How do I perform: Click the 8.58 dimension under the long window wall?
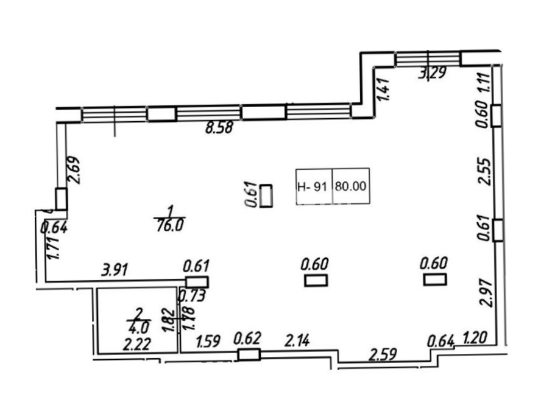click(x=219, y=128)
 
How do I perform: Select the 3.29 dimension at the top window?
click(x=433, y=73)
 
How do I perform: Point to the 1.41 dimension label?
click(x=383, y=90)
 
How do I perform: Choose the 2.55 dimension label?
click(x=485, y=172)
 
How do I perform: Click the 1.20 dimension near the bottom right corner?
click(x=475, y=337)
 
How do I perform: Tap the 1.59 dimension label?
click(x=208, y=342)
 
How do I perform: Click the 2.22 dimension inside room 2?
click(x=136, y=344)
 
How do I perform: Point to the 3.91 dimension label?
click(x=115, y=269)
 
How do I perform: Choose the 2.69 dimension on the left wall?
click(x=74, y=170)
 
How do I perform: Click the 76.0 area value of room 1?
click(x=170, y=226)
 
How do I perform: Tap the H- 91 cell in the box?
click(x=312, y=187)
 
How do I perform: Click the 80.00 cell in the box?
click(x=350, y=186)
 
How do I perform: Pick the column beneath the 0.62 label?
click(x=249, y=354)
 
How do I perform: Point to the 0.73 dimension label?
click(x=192, y=296)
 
